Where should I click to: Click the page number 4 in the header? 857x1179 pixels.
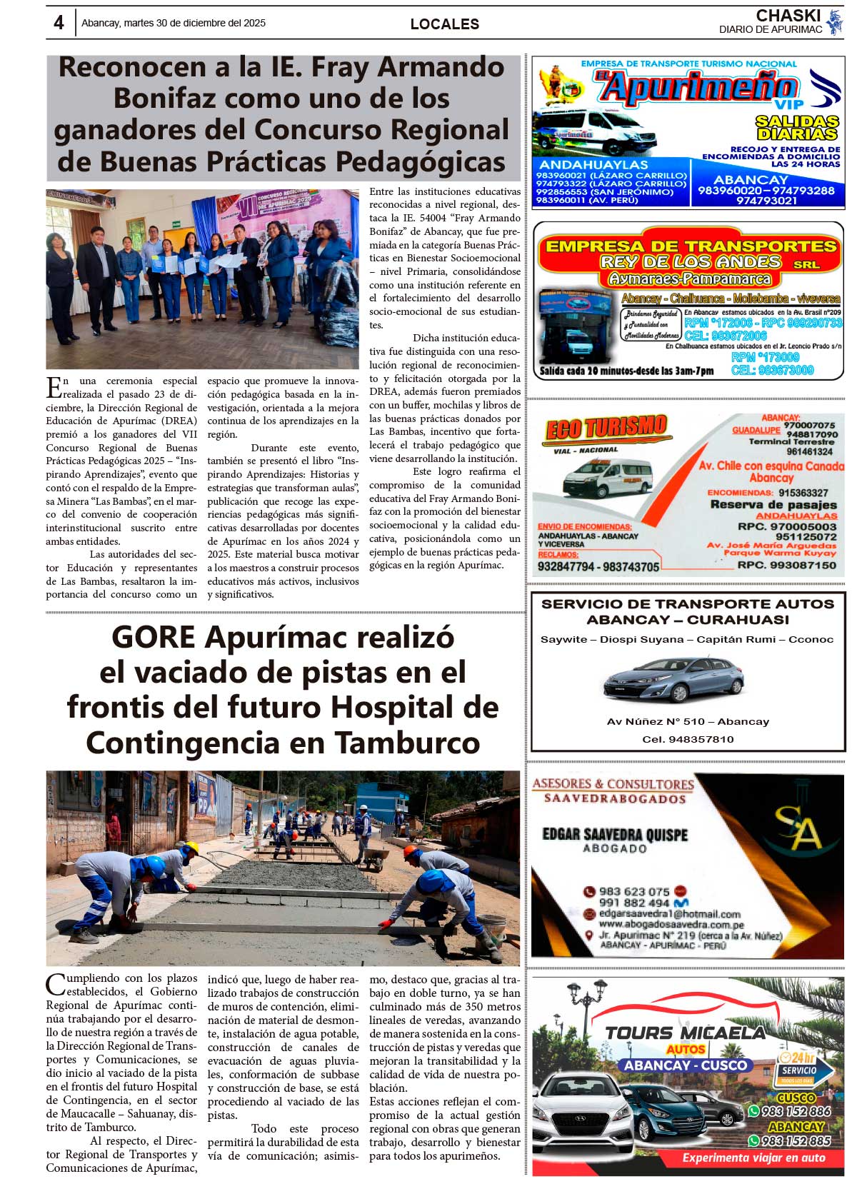pos(59,23)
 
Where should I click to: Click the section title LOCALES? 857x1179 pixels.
pos(444,24)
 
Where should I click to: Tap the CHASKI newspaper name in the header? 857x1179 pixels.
pos(788,16)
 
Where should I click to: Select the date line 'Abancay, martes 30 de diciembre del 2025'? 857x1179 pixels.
pos(174,23)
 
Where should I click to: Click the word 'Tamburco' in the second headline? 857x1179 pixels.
pos(407,743)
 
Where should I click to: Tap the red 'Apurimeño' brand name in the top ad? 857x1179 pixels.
pos(697,87)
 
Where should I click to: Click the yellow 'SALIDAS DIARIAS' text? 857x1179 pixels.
pos(797,128)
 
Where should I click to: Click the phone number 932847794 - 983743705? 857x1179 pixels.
pos(598,567)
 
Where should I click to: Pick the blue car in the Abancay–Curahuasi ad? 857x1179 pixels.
pos(673,678)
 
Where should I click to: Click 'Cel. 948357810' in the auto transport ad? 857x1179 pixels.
pos(687,739)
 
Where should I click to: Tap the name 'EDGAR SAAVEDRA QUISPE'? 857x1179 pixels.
pos(615,835)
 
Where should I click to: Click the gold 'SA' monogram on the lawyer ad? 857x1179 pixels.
pos(798,828)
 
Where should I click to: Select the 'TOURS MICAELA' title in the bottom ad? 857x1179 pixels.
pos(685,1033)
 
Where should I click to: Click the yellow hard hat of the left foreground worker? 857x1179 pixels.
pos(191,848)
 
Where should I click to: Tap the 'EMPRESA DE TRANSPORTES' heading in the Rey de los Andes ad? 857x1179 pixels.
pos(690,246)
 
